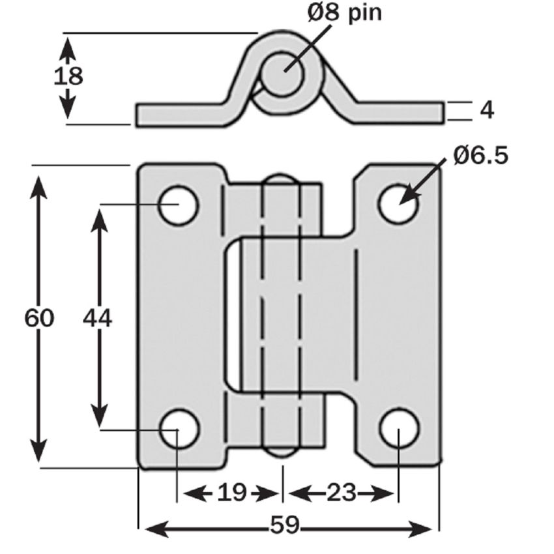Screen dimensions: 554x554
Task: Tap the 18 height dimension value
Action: [68, 76]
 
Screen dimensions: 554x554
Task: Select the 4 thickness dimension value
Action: [486, 110]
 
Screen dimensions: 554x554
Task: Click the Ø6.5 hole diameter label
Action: [481, 156]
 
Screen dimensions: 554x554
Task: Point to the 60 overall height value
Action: [39, 319]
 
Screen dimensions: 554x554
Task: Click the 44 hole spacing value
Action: [98, 319]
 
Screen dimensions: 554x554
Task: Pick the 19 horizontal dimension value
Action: [231, 493]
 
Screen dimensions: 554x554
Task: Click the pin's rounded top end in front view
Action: [281, 179]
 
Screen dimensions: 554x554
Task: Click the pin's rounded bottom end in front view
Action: [281, 452]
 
